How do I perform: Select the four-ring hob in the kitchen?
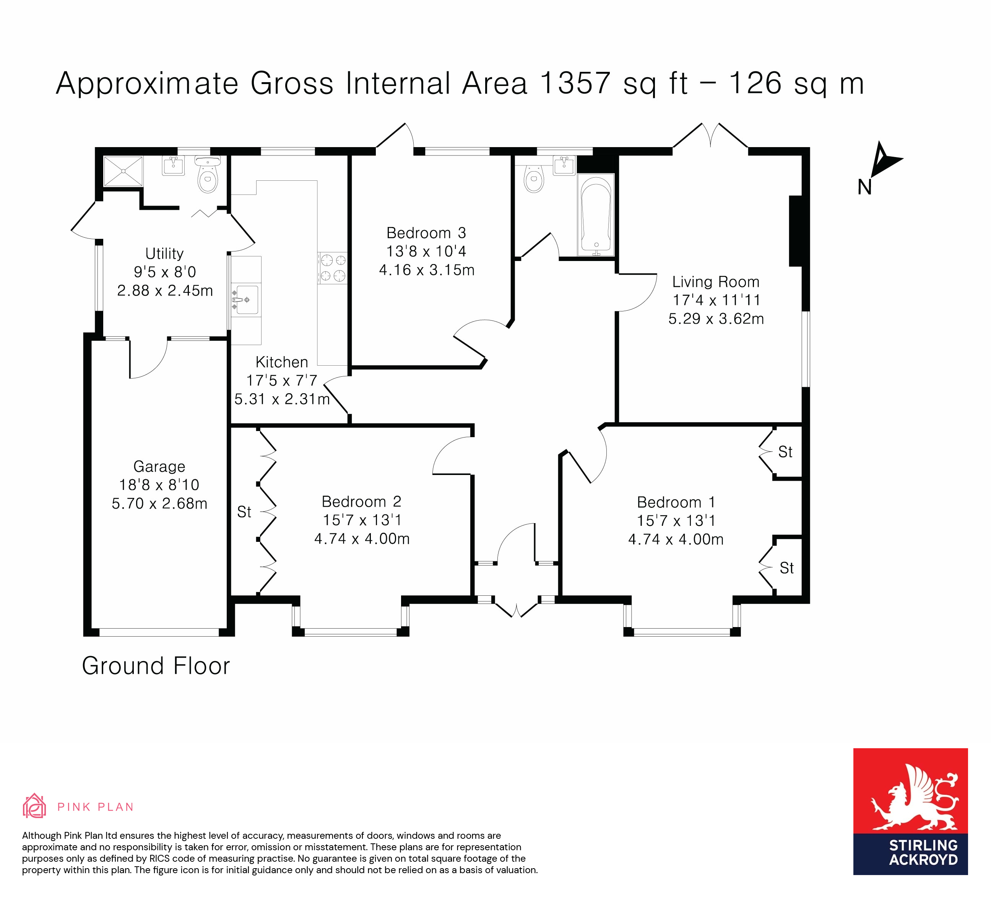333,268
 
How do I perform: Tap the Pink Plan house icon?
34,806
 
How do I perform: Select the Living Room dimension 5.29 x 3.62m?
716,319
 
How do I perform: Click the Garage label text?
159,466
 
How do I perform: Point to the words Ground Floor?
156,666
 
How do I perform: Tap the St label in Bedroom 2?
244,512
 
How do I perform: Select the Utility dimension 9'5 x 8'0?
165,272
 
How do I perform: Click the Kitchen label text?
282,362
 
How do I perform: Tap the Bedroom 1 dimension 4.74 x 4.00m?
676,540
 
